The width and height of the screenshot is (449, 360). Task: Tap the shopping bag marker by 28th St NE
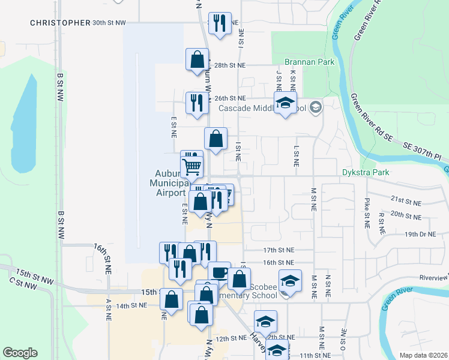pyautogui.click(x=197, y=60)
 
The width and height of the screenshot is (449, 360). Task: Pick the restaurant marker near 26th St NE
pyautogui.click(x=197, y=103)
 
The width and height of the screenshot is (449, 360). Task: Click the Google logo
pyautogui.click(x=20, y=353)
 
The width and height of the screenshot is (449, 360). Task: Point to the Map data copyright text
pyautogui.click(x=424, y=355)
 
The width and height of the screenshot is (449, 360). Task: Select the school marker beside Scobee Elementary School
pyautogui.click(x=289, y=281)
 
